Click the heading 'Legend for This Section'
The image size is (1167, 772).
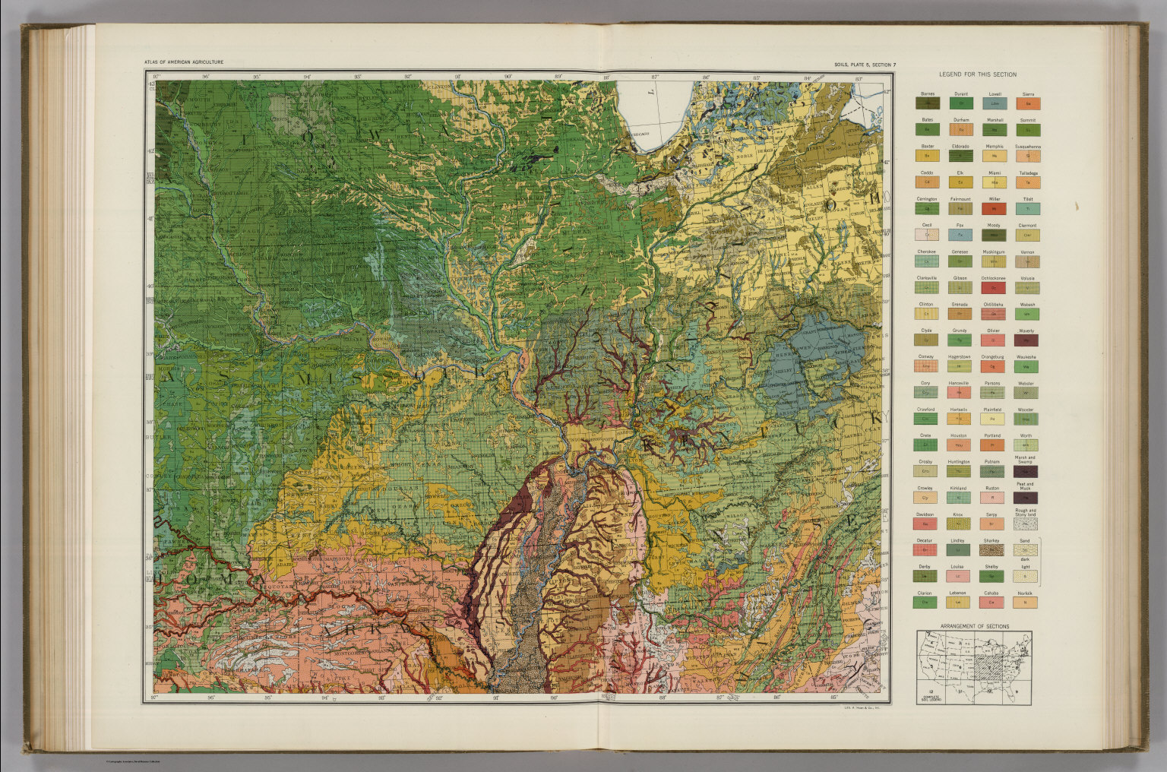pyautogui.click(x=977, y=74)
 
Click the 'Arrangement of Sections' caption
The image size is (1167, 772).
pyautogui.click(x=974, y=626)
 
